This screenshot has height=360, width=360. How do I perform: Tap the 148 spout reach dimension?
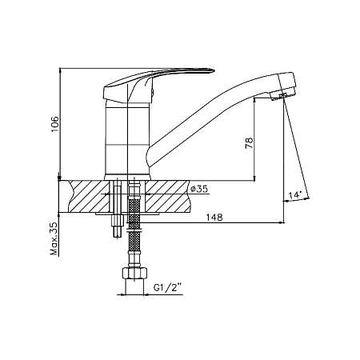pyautogui.click(x=213, y=217)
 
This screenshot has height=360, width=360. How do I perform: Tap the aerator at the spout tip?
pyautogui.click(x=281, y=95)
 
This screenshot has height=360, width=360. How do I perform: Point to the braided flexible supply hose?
pyautogui.click(x=134, y=224)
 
